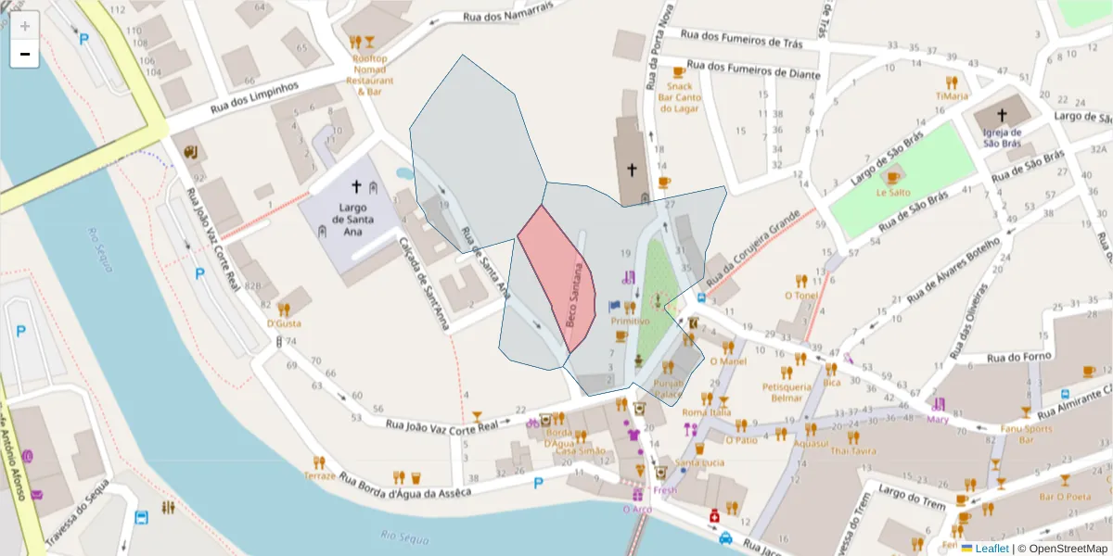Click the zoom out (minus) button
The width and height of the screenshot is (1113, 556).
[x=25, y=54]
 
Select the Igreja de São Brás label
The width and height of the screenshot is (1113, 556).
[x=1002, y=138]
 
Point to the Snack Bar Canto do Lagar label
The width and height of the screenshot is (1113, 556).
[x=679, y=97]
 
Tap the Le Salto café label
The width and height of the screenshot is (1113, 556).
[x=893, y=192]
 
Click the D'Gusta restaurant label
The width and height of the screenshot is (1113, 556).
[x=284, y=323]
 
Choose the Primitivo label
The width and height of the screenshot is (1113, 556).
[x=630, y=321]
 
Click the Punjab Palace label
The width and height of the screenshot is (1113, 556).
[x=668, y=388]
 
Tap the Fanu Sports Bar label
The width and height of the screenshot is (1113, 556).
[x=1026, y=435]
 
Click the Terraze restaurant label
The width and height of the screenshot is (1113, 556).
[x=319, y=475]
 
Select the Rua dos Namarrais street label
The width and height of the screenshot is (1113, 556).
[x=507, y=13]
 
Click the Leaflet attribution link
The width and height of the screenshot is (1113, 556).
[x=991, y=549]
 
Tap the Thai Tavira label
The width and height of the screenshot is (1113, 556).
[x=852, y=450]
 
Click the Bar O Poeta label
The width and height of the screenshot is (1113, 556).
[x=1065, y=497]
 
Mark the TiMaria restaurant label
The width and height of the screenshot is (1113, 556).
[x=952, y=95]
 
